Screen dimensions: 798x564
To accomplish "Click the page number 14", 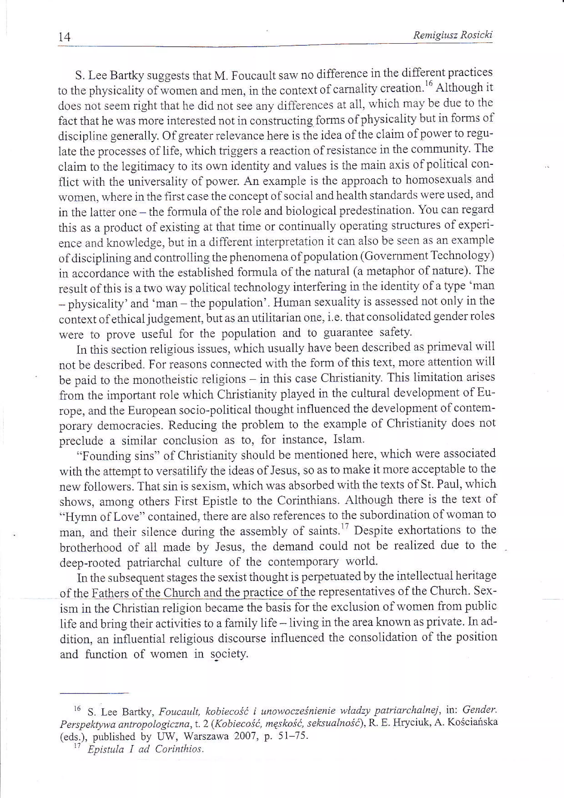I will (65, 36).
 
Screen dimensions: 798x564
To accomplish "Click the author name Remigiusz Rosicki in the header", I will (452, 35).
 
